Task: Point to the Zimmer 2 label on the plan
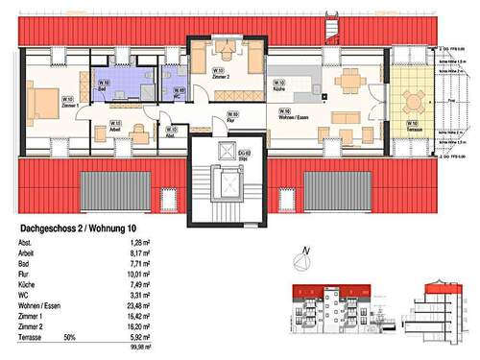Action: pos(220,73)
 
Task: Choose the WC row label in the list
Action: pos(23,299)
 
